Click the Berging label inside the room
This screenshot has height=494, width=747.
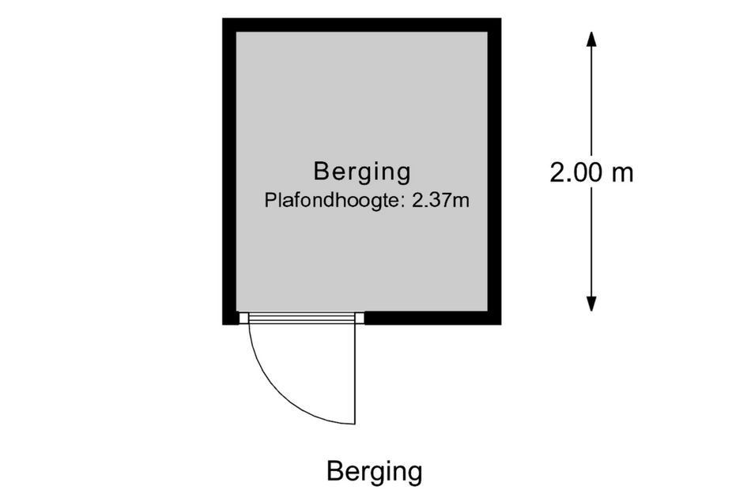[x=362, y=172]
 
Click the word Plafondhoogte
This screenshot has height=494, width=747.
[x=330, y=201]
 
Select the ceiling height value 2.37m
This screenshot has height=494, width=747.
[x=440, y=201]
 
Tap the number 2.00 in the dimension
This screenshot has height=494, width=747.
[x=575, y=172]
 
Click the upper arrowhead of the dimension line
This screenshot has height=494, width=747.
[x=591, y=39]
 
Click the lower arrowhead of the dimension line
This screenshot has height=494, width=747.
[x=591, y=304]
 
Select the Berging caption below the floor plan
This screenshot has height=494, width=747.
[x=375, y=472]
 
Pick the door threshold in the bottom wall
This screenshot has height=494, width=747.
[x=301, y=318]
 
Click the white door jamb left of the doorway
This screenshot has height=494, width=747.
[x=243, y=318]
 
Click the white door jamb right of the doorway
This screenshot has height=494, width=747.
[x=360, y=318]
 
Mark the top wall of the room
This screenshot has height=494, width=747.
[x=361, y=25]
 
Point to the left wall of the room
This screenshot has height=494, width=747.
[x=229, y=172]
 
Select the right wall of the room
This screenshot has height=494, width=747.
[x=495, y=172]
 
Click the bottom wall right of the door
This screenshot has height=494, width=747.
[x=432, y=319]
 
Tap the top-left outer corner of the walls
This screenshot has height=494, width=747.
[x=222, y=18]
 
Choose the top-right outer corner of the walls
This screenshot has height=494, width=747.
[x=501, y=18]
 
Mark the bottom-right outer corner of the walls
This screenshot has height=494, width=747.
[x=501, y=325]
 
